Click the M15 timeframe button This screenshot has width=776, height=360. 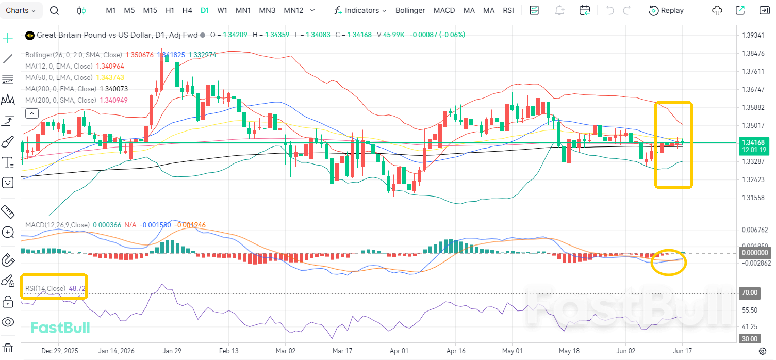pyautogui.click(x=150, y=10)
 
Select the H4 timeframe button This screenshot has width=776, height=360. pyautogui.click(x=187, y=10)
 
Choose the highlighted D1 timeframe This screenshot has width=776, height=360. pyautogui.click(x=205, y=10)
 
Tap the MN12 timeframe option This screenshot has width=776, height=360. pyautogui.click(x=293, y=10)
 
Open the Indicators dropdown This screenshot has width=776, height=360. pyautogui.click(x=360, y=10)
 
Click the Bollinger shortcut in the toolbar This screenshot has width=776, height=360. pyautogui.click(x=410, y=10)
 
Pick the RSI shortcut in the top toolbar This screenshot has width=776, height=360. pyautogui.click(x=508, y=10)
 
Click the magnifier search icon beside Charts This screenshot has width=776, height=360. pyautogui.click(x=54, y=11)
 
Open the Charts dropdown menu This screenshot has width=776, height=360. pyautogui.click(x=21, y=10)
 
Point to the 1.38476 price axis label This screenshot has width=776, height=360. pyautogui.click(x=753, y=53)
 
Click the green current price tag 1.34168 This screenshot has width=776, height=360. pyautogui.click(x=754, y=146)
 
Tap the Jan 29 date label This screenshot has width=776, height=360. pyautogui.click(x=172, y=351)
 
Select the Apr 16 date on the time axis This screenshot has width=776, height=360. pyautogui.click(x=456, y=351)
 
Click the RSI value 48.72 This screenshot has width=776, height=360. pyautogui.click(x=77, y=288)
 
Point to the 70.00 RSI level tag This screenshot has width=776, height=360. pyautogui.click(x=749, y=293)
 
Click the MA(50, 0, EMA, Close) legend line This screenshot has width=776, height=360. pyautogui.click(x=59, y=77)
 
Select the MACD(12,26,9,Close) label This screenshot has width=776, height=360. pyautogui.click(x=57, y=225)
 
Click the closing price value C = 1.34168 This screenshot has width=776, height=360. pyautogui.click(x=353, y=35)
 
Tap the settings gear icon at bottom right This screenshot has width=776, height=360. pyautogui.click(x=763, y=351)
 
